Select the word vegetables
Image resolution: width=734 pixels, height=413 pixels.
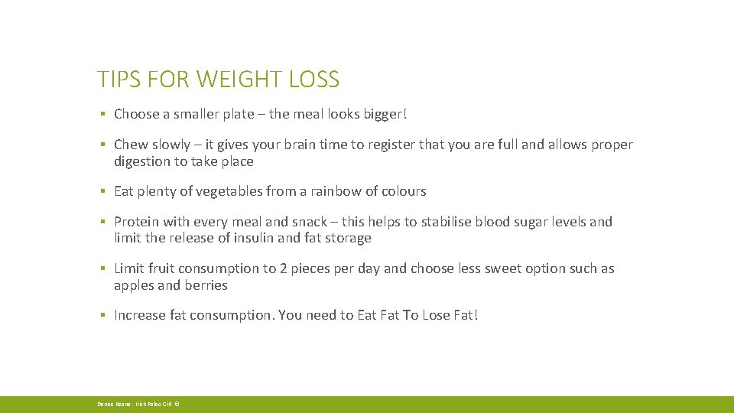point(226,191)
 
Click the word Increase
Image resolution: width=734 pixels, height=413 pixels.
point(140,315)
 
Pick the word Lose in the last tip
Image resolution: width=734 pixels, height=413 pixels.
point(437,315)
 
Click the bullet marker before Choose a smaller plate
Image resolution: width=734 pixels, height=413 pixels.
point(102,115)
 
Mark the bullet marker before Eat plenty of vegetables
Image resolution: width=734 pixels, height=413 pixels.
point(102,191)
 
